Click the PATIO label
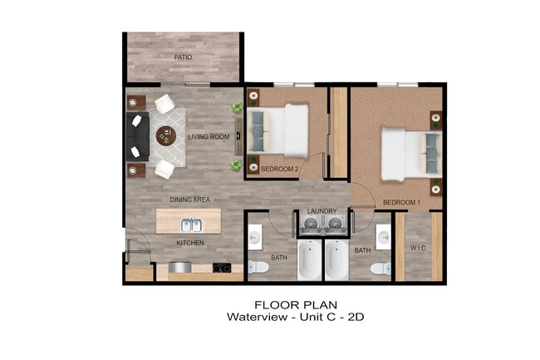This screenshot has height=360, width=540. (x=183, y=57)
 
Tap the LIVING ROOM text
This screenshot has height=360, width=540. (x=208, y=137)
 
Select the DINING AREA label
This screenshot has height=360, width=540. (x=189, y=200)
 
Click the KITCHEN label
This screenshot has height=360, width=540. (x=189, y=243)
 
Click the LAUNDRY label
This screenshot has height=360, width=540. (x=322, y=211)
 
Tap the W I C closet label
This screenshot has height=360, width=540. (x=418, y=247)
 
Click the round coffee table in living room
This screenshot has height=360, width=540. (x=166, y=136)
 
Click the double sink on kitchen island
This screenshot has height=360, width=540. (x=190, y=224)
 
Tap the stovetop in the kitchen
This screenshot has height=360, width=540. (x=222, y=268)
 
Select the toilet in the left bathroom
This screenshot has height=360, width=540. (x=258, y=268)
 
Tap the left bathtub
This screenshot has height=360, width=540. (x=310, y=260)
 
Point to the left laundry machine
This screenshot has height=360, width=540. (x=310, y=223)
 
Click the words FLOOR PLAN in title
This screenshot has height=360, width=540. (x=285, y=303)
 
